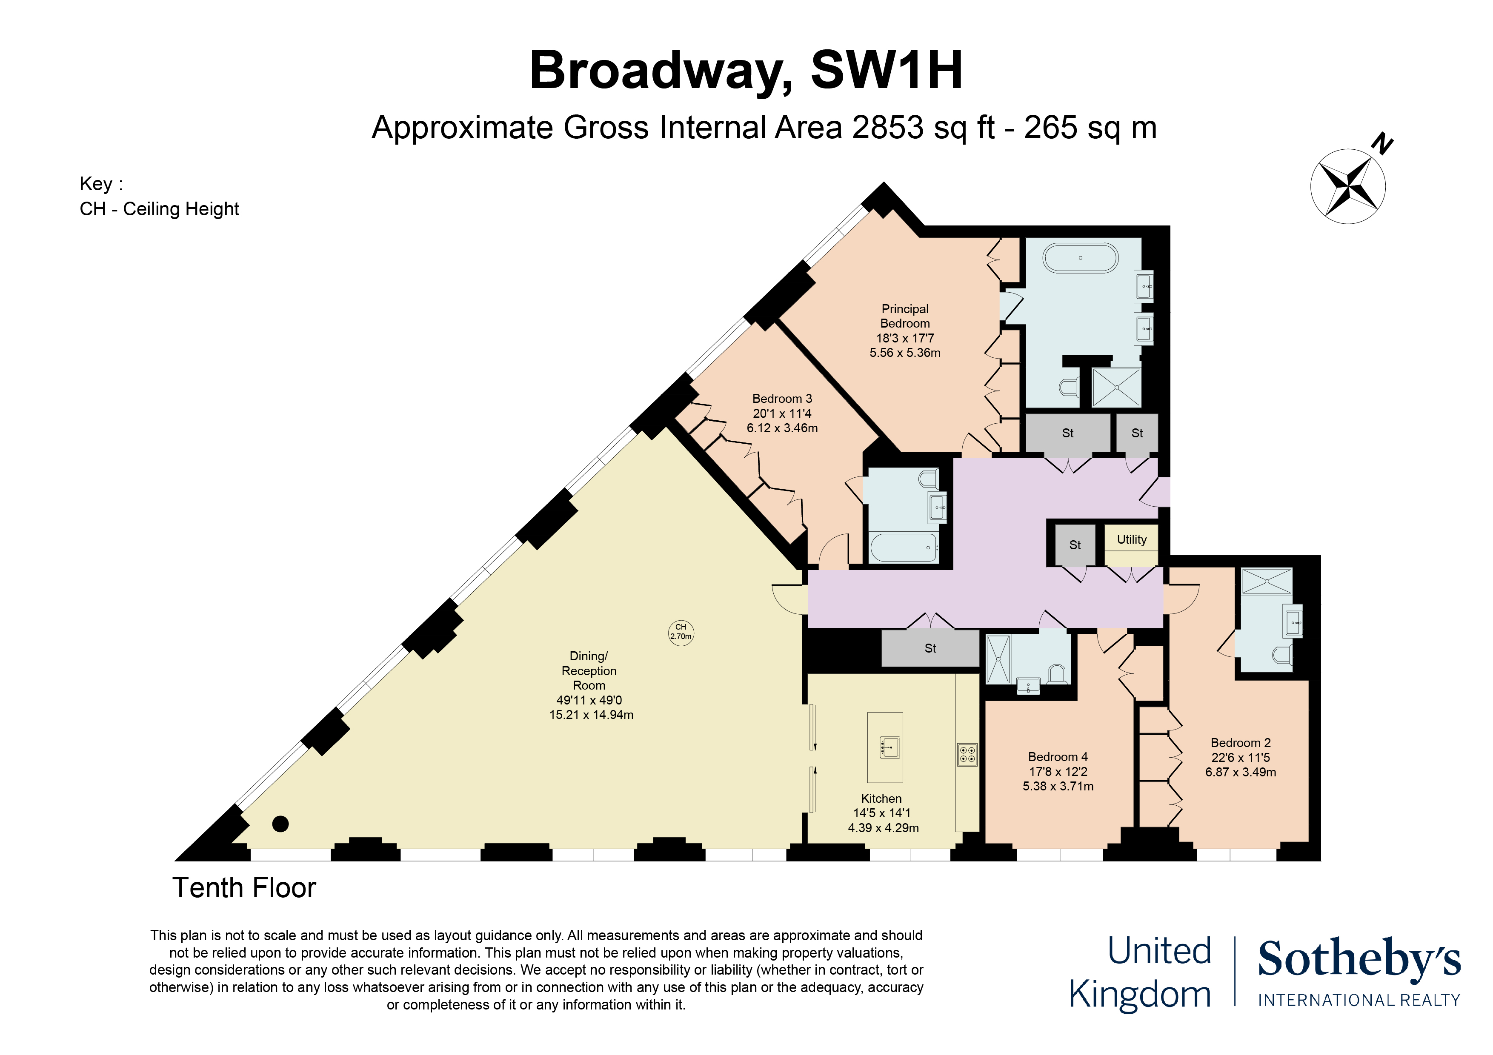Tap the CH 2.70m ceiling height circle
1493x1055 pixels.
pos(681,632)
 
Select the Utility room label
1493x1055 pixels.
pos(1132,539)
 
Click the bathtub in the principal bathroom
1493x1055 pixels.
pos(1081,258)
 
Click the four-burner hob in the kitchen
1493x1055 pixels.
pos(967,755)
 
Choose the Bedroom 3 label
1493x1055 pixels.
pos(782,399)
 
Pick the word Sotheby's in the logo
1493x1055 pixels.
pos(1359,959)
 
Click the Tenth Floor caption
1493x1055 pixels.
pos(244,888)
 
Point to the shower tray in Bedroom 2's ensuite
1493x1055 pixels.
pos(1266,581)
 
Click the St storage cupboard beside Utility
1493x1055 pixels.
pos(1075,545)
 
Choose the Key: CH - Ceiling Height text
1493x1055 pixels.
pos(159,196)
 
